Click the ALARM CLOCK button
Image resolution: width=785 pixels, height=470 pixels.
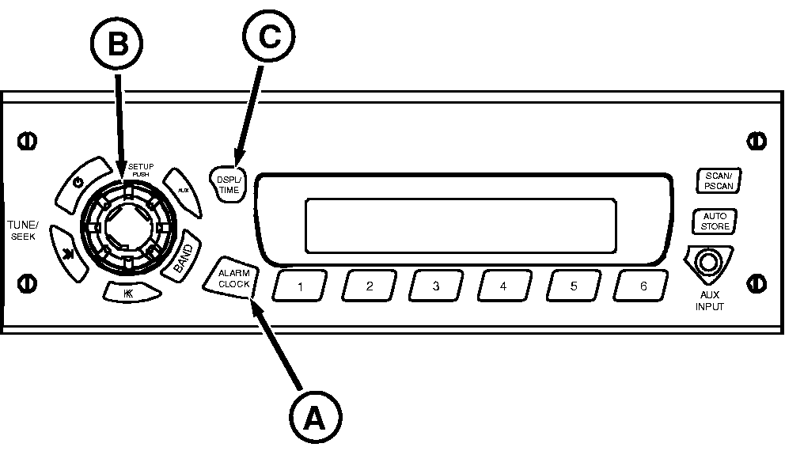(234, 279)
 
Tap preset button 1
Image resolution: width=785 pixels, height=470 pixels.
(299, 286)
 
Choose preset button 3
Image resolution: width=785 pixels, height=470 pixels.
(436, 286)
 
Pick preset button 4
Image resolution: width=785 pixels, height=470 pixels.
(504, 286)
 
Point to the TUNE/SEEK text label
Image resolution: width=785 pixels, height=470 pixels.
(23, 231)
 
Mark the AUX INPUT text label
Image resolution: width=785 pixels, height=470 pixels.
(710, 301)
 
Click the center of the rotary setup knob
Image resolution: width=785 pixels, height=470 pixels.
(128, 229)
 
